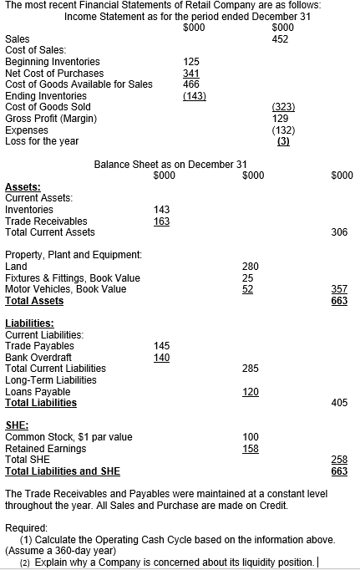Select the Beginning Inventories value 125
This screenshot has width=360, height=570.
[191, 61]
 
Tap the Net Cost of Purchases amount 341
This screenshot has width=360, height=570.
[191, 73]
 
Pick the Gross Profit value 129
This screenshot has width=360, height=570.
[281, 118]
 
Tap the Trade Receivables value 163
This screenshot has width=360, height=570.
[162, 221]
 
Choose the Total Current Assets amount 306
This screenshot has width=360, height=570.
[339, 232]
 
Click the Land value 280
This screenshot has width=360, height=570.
[250, 267]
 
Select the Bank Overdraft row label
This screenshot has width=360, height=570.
[38, 357]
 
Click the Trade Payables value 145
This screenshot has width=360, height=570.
[162, 345]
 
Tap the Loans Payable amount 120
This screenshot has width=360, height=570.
[250, 391]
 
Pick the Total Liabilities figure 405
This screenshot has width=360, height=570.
[339, 403]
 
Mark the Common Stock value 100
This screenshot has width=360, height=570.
[250, 437]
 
